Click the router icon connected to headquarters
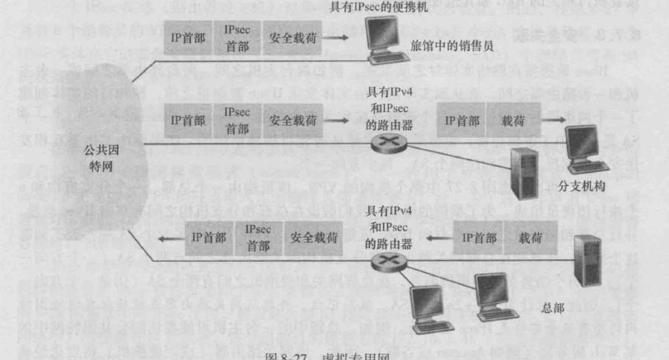tap(383, 263)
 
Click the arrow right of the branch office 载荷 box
tap(553, 120)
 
